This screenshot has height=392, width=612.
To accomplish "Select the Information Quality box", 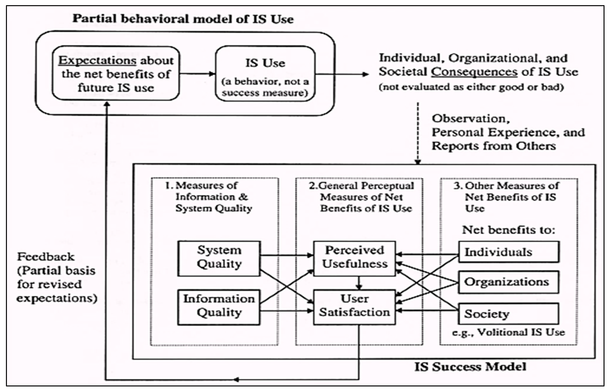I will pos(219,307).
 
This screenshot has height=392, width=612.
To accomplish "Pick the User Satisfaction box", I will pos(355,307).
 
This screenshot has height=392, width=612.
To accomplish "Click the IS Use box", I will pos(265,74).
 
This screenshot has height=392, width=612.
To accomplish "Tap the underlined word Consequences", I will pos(474,72).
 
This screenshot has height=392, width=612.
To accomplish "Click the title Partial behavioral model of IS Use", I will pos(183,19).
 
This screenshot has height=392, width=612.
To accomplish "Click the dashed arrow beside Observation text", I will pos(418,132).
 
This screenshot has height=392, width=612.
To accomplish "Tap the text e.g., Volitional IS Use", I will pos(508,332).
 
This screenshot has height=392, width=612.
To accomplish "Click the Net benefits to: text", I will pos(508,230).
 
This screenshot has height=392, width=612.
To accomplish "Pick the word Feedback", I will pos(46,257).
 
